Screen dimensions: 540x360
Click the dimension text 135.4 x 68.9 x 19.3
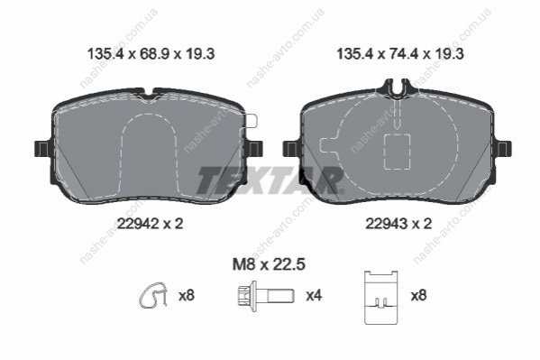(x=151, y=54)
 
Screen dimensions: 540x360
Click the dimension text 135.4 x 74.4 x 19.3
(x=400, y=54)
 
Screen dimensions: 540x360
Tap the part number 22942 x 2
(x=151, y=224)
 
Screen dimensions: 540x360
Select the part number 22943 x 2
(x=398, y=224)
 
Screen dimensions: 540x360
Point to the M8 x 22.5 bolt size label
(x=269, y=265)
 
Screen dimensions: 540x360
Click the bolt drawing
(x=266, y=296)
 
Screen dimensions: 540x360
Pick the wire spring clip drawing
(x=153, y=295)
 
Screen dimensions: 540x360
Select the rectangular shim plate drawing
(x=381, y=298)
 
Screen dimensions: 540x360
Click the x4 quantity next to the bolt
(x=314, y=296)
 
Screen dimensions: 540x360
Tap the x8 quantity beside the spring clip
(x=187, y=296)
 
